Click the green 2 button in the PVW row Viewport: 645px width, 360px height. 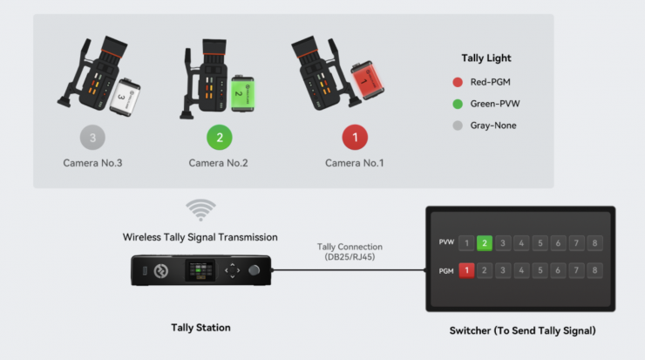484,243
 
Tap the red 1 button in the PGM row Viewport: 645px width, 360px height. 466,270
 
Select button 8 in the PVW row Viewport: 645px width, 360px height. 594,243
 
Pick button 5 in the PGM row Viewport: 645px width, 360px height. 540,270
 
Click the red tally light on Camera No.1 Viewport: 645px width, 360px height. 367,80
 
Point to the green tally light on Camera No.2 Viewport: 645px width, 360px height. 242,93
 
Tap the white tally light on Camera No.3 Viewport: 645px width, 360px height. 125,97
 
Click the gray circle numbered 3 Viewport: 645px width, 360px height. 92,138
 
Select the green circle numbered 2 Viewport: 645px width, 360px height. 220,138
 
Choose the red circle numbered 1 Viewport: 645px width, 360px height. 355,138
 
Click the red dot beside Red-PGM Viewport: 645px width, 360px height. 458,82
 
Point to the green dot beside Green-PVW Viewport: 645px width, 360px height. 458,104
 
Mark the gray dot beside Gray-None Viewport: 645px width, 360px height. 458,126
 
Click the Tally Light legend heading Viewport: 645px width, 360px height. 486,58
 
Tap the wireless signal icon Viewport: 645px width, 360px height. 200,210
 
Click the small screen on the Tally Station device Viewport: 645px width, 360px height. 200,271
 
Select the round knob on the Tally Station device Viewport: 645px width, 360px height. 255,270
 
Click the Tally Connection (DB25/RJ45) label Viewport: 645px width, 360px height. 350,252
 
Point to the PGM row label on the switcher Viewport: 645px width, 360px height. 446,271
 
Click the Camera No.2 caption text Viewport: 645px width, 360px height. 219,163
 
